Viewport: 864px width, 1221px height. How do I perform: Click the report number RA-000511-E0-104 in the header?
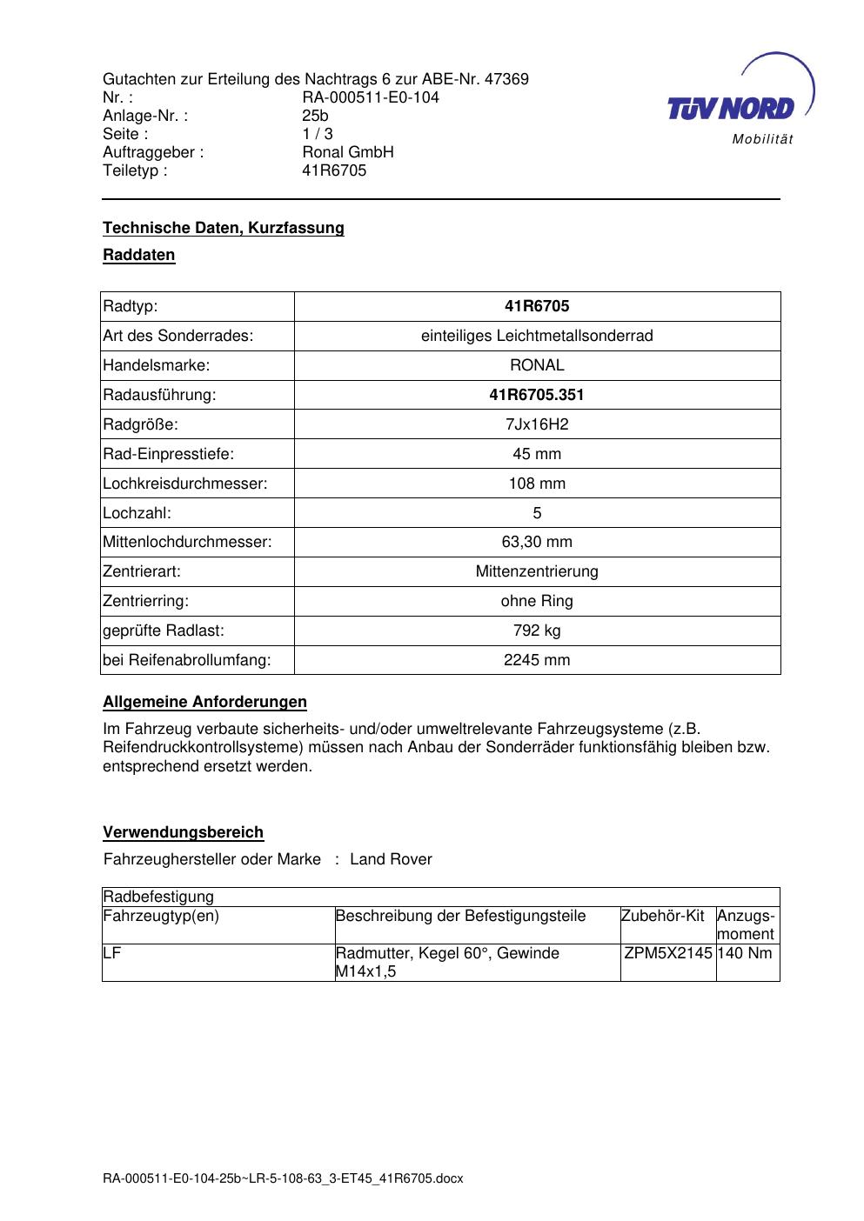pos(370,97)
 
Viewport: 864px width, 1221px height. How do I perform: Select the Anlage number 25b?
pos(315,116)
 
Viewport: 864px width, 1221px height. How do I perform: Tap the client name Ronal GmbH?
pos(347,152)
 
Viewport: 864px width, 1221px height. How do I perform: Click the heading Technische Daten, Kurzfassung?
pos(224,228)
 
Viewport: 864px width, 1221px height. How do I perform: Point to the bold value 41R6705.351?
pos(537,395)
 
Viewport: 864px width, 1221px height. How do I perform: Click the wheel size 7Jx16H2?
pos(537,424)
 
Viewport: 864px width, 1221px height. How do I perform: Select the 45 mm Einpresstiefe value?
pos(537,454)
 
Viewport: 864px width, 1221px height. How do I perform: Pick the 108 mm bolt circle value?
pos(537,484)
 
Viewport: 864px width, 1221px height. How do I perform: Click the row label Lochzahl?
pos(137,513)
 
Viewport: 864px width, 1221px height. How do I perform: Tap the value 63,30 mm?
pos(537,543)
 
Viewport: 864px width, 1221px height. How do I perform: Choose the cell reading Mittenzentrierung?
pos(537,572)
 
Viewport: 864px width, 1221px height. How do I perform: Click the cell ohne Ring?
pos(537,601)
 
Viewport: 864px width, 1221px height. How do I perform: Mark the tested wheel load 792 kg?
pos(537,631)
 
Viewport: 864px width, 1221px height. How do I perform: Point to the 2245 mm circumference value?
pos(537,660)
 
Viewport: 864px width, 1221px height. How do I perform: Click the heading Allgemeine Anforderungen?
pos(204,702)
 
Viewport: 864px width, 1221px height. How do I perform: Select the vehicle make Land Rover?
pos(391,859)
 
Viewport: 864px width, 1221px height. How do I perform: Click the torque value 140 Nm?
pos(746,953)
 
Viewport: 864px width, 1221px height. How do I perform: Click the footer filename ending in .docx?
pos(283,1179)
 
